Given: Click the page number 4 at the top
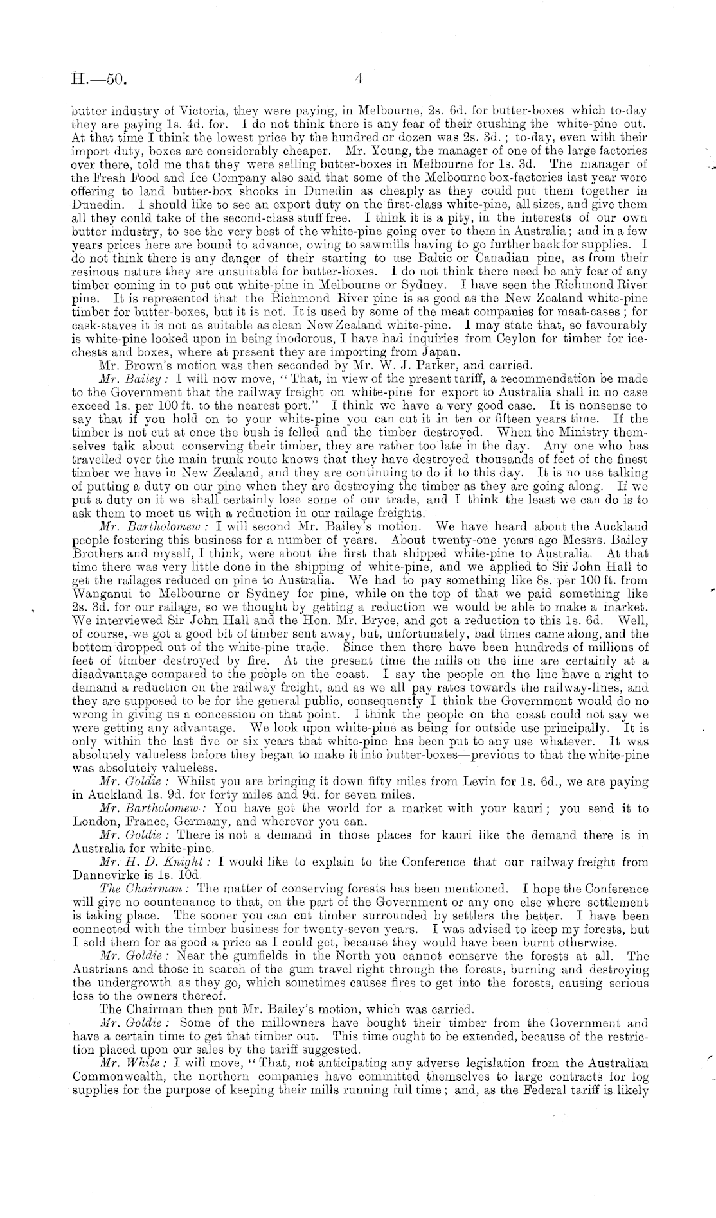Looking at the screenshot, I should (359, 78).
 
